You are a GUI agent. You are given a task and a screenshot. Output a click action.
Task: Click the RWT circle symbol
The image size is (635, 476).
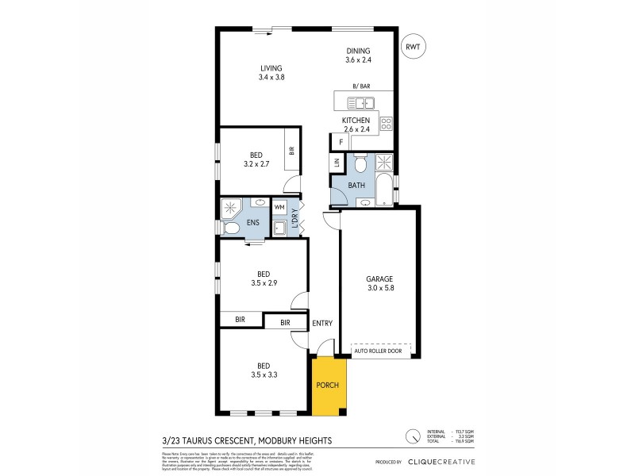pos(413,47)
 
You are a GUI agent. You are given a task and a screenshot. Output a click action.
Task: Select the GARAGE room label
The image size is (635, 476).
pos(379,278)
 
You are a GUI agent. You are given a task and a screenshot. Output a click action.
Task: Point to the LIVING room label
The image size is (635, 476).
pos(271,67)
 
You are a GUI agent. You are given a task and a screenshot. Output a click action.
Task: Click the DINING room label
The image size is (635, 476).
pos(358,51)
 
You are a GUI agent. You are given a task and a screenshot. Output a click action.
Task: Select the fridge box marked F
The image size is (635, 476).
pos(341,142)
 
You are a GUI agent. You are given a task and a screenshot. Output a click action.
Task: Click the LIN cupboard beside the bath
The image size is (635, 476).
pos(337,163)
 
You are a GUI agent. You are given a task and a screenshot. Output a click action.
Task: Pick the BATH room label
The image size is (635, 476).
pos(356,185)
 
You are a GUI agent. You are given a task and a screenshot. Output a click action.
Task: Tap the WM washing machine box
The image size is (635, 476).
pos(279,207)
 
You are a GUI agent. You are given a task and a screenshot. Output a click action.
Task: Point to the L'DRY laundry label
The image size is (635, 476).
pos(294,218)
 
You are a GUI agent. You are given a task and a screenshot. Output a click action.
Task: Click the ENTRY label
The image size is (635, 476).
pos(323,323)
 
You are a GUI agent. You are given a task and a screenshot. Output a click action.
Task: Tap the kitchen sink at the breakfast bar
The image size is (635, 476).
pos(363,102)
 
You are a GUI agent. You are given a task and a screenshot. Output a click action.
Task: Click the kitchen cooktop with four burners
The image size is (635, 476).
pos(386,123)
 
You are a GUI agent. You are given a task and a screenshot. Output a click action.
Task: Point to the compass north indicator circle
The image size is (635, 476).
pos(413,436)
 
